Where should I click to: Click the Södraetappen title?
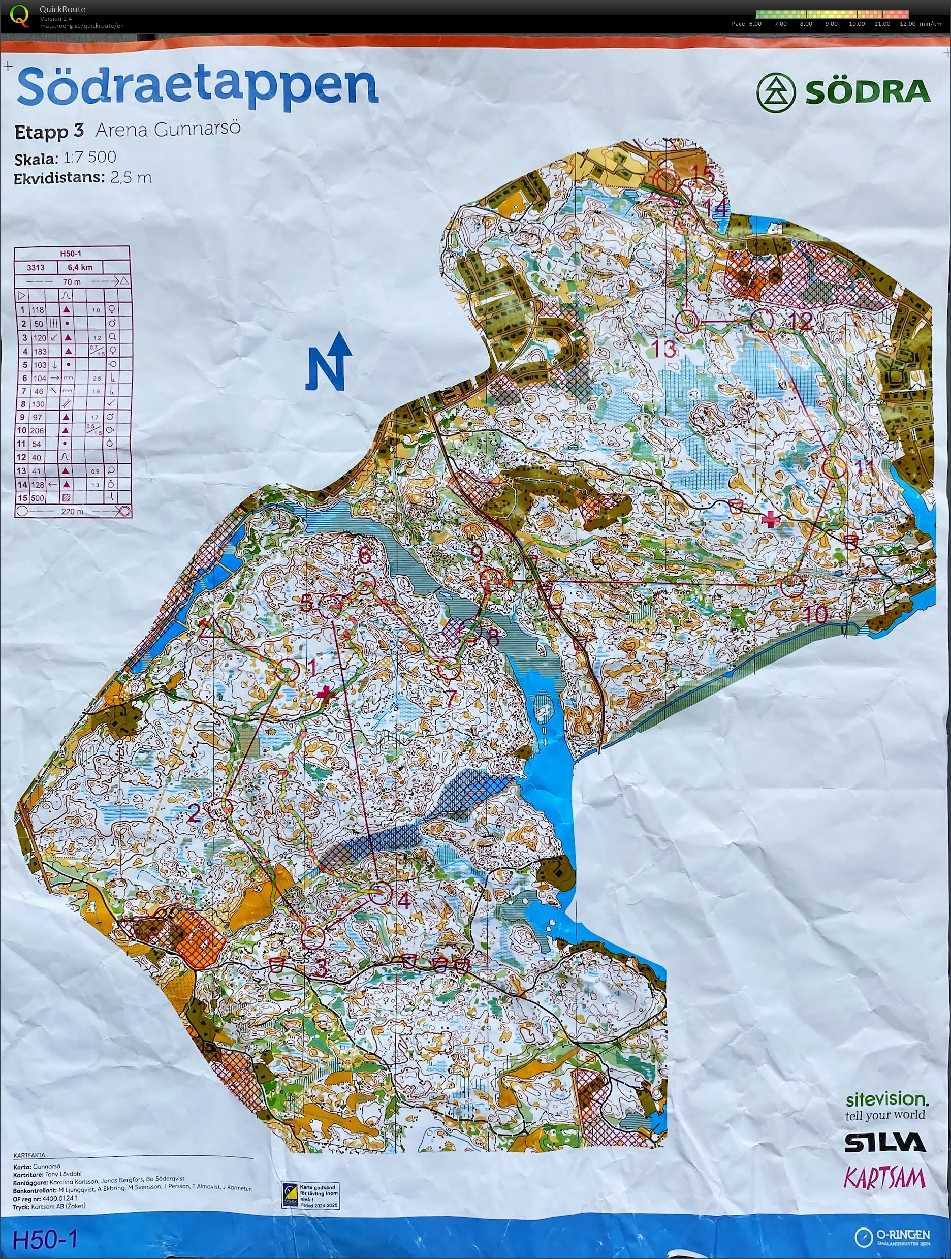click(198, 86)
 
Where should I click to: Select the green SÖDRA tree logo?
click(775, 91)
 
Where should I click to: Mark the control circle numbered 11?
click(834, 467)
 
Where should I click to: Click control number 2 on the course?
click(221, 808)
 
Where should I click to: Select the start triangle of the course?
click(206, 622)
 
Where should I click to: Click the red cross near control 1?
click(326, 693)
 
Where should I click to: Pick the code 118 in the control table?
click(38, 310)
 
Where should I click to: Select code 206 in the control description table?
click(38, 430)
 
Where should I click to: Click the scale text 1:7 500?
click(89, 157)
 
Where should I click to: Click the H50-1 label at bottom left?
click(44, 1239)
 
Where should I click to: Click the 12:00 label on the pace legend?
click(907, 24)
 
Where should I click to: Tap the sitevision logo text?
click(886, 1099)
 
